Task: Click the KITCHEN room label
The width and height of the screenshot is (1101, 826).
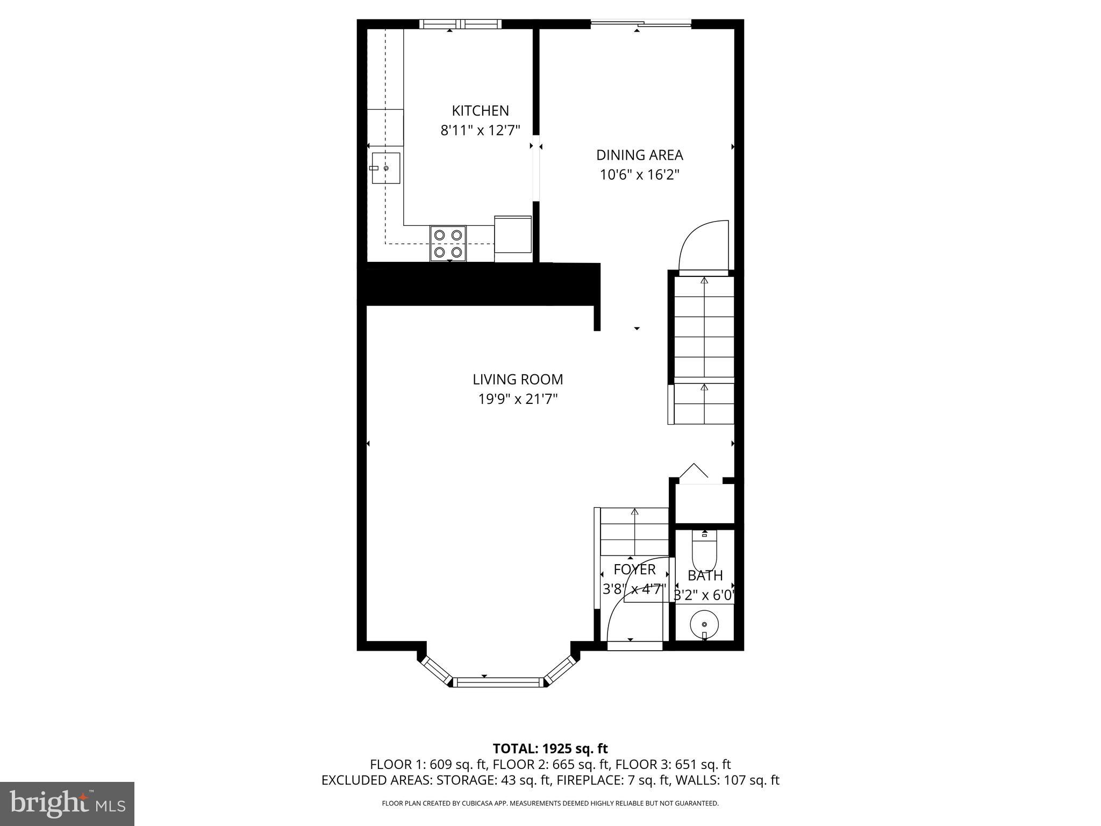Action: pos(480,111)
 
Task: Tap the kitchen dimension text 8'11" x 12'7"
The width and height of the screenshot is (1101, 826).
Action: pos(480,130)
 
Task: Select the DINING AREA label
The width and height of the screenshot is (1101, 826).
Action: pos(639,155)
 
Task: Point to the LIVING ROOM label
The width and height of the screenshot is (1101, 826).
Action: pos(518,380)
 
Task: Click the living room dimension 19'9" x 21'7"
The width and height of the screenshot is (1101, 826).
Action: pos(518,399)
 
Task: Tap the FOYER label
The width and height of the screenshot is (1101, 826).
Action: pos(634,569)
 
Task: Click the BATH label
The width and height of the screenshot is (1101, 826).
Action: pos(705,575)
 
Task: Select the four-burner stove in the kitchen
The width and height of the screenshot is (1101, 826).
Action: pos(448,243)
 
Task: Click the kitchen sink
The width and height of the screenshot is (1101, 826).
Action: pos(385,168)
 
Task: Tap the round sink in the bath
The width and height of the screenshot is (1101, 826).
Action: pos(704,624)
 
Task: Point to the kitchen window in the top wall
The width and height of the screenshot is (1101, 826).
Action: pos(460,24)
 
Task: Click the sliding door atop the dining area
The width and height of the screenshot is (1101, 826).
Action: pos(641,23)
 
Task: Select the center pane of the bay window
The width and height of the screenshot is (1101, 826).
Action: pos(498,682)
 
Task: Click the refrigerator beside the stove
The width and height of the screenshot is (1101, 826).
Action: pos(513,239)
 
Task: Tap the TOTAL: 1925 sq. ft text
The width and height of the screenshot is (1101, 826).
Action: pos(550,749)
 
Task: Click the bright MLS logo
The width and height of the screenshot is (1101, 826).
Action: pos(67,803)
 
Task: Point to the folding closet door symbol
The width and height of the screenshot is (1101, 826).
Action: pos(694,472)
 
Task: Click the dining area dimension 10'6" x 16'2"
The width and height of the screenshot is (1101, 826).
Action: pos(639,175)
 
